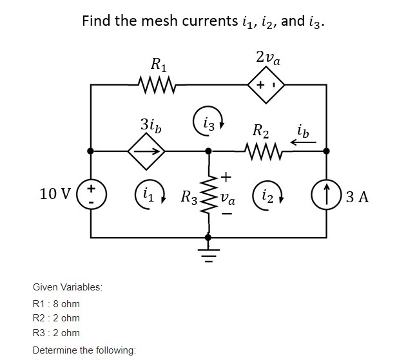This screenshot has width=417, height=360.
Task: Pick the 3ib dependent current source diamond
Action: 146,152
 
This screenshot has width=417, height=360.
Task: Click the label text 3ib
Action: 151,124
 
